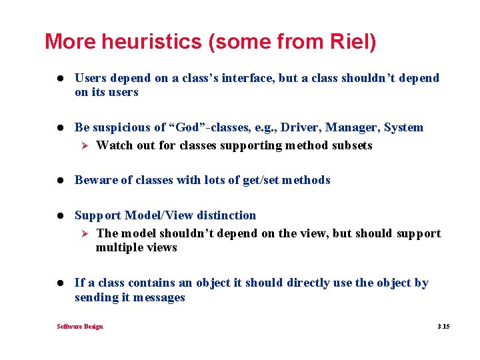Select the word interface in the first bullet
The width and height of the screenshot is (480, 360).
point(251,78)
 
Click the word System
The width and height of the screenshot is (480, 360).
point(403,127)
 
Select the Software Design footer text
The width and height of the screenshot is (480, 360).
point(80,327)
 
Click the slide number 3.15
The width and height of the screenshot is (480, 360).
point(443,327)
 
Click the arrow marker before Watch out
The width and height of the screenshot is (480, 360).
point(84,145)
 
